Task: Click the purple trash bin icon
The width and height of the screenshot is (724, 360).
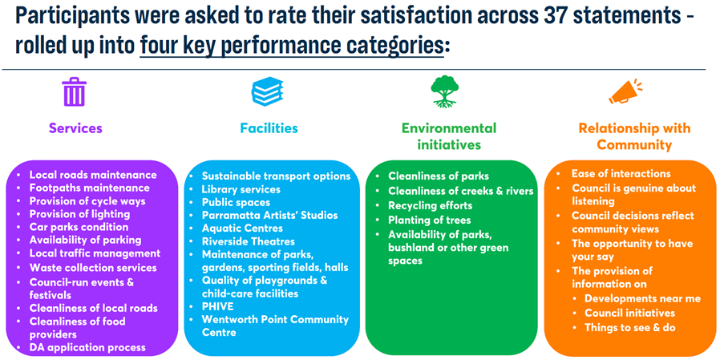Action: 75,92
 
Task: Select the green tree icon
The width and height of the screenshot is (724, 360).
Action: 444,92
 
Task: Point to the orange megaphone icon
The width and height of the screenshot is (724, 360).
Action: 625,92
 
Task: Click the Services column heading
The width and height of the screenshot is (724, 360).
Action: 75,127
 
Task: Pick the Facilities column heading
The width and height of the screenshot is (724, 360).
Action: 269,127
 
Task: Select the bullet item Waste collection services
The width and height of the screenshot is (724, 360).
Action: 93,268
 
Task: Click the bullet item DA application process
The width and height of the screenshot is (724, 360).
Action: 87,347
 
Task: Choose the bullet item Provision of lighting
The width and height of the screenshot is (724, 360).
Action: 80,214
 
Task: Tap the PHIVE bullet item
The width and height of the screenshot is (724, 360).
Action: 218,306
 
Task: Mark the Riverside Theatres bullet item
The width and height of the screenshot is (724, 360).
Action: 249,241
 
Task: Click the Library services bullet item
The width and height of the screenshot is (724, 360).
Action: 241,189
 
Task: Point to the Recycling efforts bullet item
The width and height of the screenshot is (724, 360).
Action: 431,205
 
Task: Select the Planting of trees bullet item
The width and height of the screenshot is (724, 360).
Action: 430,220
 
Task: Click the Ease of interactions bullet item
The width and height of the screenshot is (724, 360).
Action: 621,174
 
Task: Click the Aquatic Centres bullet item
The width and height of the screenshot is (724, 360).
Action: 242,229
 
